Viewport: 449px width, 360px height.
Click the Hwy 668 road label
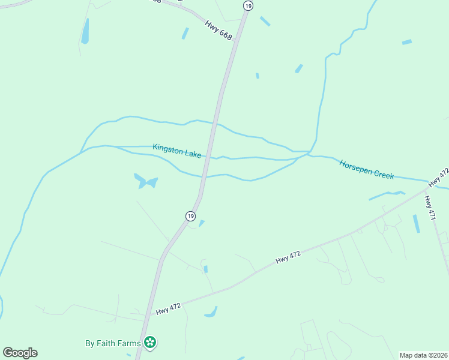(218, 31)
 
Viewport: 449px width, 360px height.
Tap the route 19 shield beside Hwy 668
(248, 5)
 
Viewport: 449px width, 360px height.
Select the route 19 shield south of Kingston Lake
(190, 216)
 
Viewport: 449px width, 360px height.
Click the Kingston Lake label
(177, 151)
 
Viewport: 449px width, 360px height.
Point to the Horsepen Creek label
(366, 169)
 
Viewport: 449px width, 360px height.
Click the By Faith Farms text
(113, 344)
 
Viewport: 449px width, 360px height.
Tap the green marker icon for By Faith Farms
(150, 343)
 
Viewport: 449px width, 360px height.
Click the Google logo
(20, 353)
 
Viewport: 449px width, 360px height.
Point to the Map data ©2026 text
(423, 355)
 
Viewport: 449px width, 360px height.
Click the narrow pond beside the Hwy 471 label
(416, 223)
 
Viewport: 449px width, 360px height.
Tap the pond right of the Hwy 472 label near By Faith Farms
(211, 313)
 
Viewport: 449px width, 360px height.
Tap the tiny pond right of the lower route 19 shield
(202, 223)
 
